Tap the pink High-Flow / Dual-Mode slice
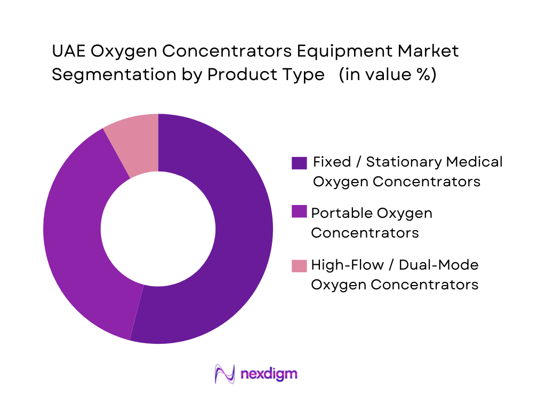136,144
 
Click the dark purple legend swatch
299,162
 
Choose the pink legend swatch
299,265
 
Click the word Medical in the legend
474,162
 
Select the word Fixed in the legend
332,162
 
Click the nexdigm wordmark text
269,373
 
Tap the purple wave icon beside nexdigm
224,373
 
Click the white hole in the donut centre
158,229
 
